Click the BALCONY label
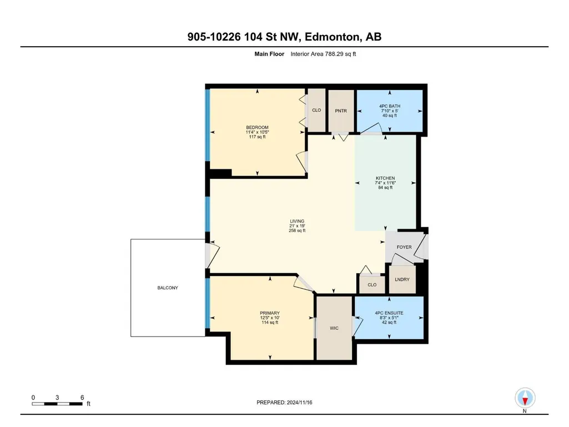[168, 288]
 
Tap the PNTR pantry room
[341, 111]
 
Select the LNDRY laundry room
[402, 279]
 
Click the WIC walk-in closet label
[334, 328]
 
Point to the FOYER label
[404, 247]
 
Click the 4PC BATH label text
[390, 107]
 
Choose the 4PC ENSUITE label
[389, 313]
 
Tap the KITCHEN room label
[385, 178]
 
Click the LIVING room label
[297, 221]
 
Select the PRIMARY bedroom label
[270, 313]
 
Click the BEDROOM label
[257, 128]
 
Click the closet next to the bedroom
[316, 110]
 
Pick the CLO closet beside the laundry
[372, 285]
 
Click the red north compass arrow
[525, 401]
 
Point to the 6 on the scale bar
[82, 398]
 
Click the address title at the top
[284, 37]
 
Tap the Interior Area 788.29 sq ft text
[323, 54]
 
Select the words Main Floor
[269, 54]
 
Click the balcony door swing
[213, 255]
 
